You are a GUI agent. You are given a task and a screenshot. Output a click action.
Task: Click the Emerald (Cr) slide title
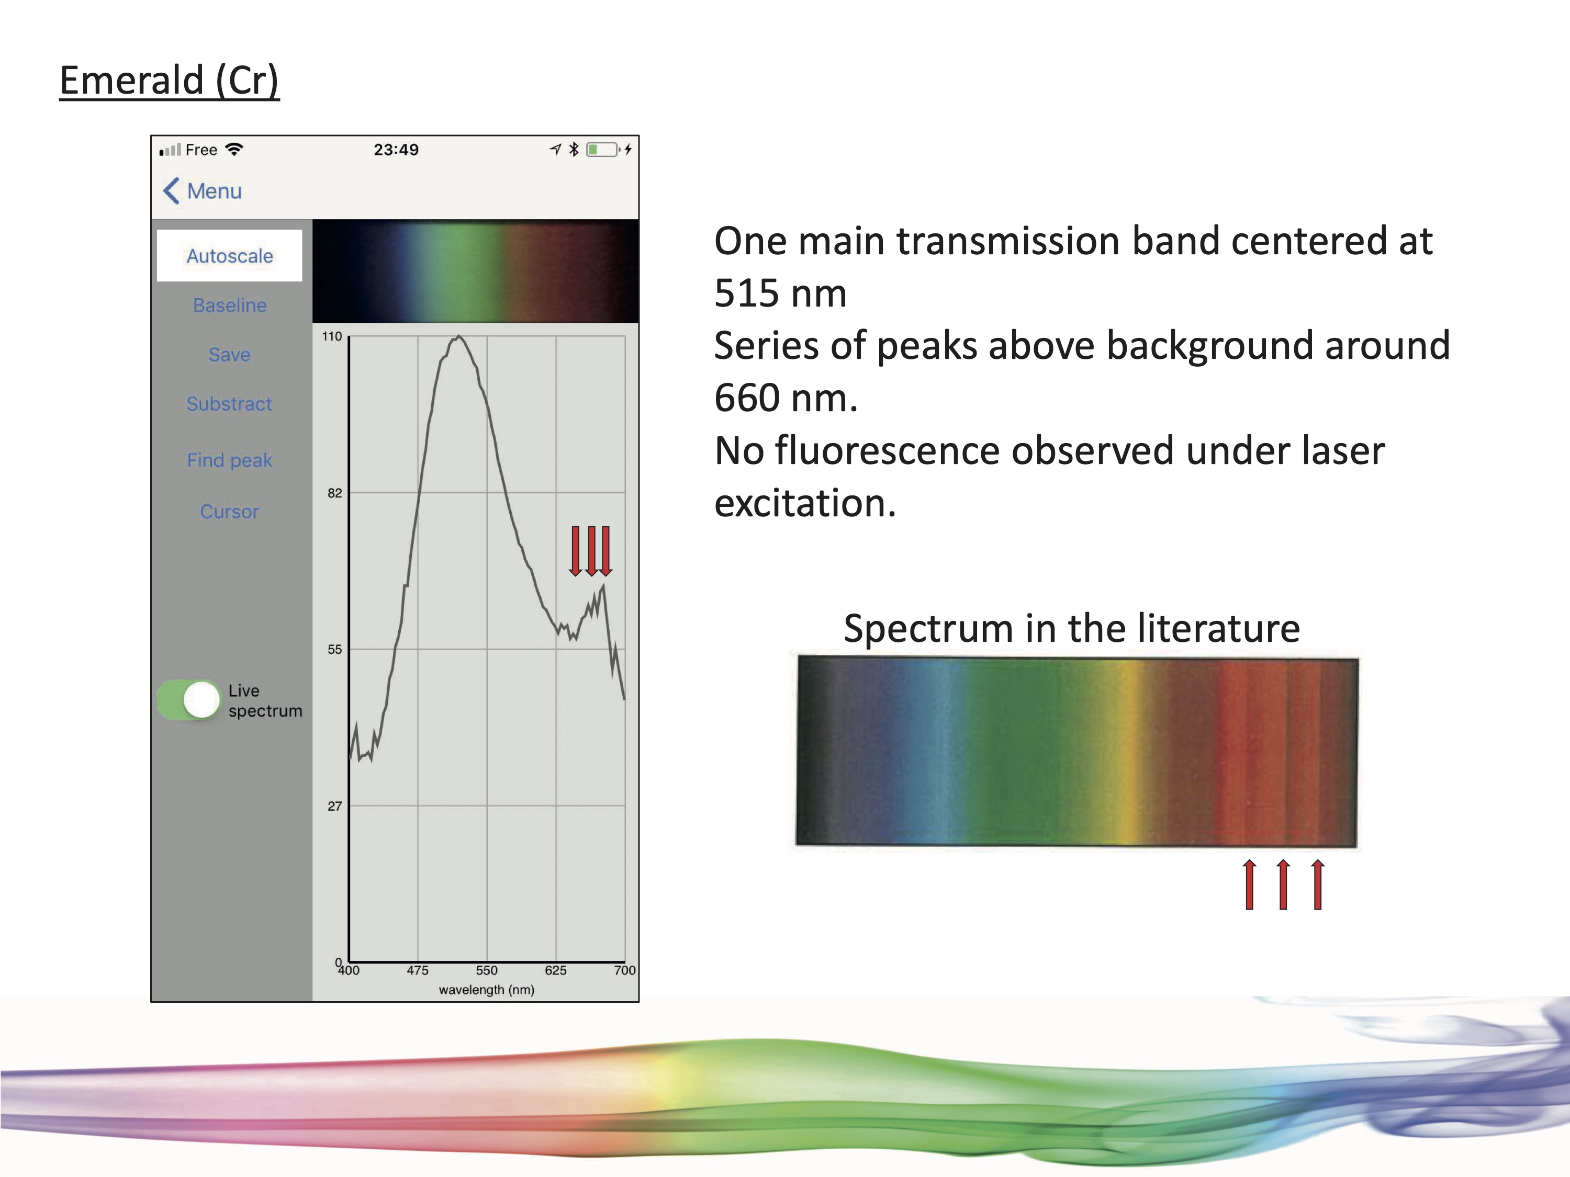click(169, 80)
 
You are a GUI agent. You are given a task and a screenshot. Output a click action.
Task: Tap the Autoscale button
click(229, 255)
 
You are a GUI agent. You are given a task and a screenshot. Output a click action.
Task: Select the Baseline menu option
click(229, 305)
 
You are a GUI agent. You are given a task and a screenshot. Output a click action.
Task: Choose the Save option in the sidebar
click(229, 354)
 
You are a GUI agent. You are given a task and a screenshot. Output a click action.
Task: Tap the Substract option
click(229, 404)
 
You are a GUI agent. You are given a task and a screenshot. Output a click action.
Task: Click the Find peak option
click(229, 460)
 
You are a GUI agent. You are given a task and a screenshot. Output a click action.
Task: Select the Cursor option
click(229, 512)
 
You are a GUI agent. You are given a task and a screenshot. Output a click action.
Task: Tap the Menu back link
click(203, 191)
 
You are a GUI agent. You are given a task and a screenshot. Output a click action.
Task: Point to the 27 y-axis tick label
click(335, 806)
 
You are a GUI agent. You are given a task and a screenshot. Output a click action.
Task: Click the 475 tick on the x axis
click(417, 970)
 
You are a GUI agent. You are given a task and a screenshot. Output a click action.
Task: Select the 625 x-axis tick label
click(556, 970)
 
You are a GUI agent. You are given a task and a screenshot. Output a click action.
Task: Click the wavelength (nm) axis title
click(486, 990)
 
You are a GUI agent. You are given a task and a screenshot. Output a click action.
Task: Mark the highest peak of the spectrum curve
click(459, 336)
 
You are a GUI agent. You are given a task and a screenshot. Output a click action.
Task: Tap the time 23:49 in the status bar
click(396, 150)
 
